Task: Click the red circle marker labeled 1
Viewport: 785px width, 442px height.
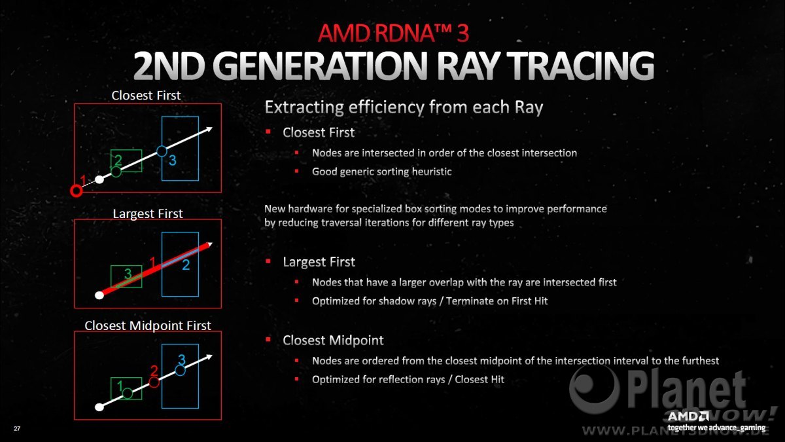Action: pos(76,191)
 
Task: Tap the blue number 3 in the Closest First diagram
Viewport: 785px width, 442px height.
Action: pos(173,160)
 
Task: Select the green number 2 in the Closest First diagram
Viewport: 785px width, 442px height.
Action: pos(118,160)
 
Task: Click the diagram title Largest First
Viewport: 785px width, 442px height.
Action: pos(148,213)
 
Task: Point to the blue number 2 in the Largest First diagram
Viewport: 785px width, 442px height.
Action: pos(186,265)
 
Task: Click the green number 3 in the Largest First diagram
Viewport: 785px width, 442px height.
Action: pos(128,273)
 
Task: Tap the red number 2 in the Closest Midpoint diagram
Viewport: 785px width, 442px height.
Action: pos(154,371)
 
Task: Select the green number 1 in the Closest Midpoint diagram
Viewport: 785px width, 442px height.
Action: pos(120,386)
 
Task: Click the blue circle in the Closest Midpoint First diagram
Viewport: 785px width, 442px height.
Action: pos(180,371)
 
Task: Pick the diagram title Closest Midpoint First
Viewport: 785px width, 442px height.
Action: pos(148,325)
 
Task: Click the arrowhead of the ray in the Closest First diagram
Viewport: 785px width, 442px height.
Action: pos(209,129)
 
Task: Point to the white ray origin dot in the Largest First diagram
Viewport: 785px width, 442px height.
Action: pos(99,295)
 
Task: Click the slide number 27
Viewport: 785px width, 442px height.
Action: pos(17,428)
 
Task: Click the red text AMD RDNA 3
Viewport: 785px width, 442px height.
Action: pos(393,33)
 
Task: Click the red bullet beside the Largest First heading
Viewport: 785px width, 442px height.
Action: pos(268,261)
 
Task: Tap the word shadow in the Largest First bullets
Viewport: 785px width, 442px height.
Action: pos(391,301)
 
